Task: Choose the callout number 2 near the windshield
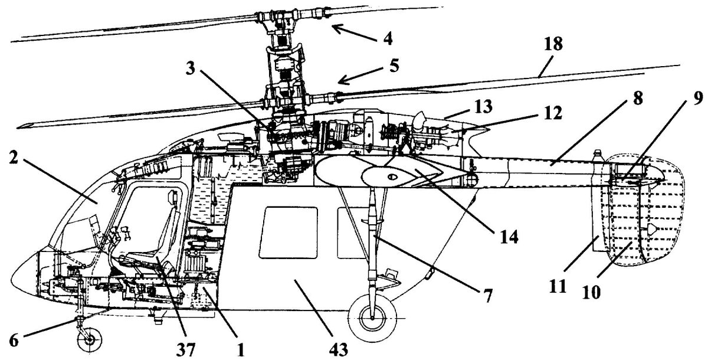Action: click(x=12, y=158)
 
